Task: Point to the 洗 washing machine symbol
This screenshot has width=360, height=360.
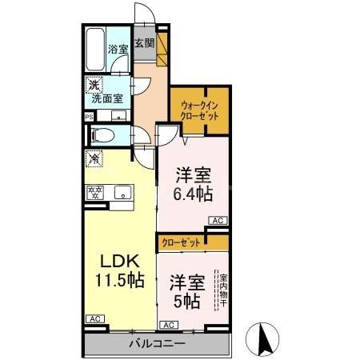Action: pos(94,83)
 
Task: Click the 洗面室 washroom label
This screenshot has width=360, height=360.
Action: pos(106,98)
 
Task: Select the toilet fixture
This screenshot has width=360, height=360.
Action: pos(98,135)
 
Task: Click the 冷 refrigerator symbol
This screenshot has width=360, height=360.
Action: pos(94,158)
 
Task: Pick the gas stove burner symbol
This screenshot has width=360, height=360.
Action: pos(95,191)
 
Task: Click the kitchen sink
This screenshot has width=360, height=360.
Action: pos(122,191)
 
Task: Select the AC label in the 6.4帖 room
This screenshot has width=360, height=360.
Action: pos(216,220)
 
